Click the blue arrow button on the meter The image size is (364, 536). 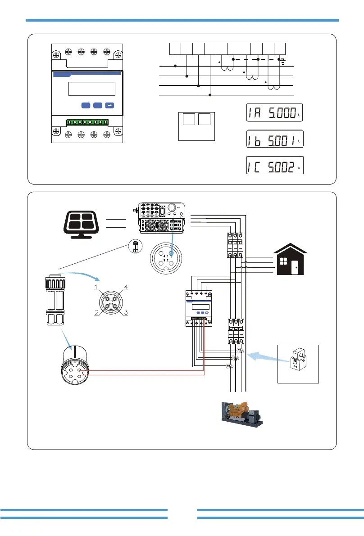(x=109, y=105)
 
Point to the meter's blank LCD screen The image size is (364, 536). (x=92, y=89)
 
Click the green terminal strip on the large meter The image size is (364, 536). (x=88, y=122)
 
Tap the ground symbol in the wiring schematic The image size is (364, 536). (x=282, y=61)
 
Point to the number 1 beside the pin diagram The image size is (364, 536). (x=96, y=287)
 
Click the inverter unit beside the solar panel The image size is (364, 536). (x=161, y=218)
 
